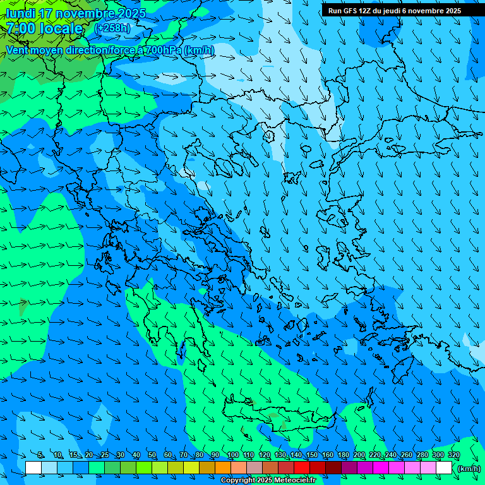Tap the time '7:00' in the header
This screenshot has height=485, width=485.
(23, 28)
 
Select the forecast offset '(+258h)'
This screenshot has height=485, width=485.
(112, 28)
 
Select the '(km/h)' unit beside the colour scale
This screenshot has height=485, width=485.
(468, 468)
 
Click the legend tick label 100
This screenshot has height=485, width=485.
(232, 455)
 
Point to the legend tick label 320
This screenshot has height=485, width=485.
(453, 455)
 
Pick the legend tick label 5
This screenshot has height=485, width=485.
(40, 455)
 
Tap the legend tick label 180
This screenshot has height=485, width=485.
(343, 455)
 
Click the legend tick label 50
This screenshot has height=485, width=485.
(152, 455)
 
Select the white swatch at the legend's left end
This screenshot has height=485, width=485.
(33, 468)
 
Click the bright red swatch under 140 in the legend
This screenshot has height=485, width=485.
(302, 468)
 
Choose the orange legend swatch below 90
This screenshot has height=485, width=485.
(223, 468)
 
